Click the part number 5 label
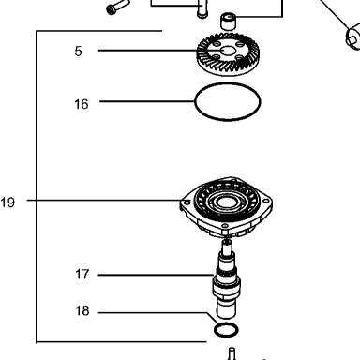click(x=78, y=52)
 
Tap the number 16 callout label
click(x=82, y=104)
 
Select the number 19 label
click(x=7, y=202)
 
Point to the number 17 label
click(x=82, y=275)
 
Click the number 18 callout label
click(x=82, y=311)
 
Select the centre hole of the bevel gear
click(x=229, y=51)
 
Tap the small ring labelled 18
click(x=226, y=330)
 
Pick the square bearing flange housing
click(x=226, y=206)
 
